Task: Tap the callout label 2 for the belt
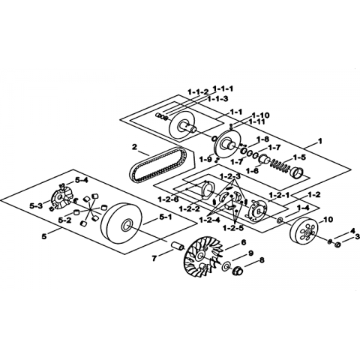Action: click(135, 147)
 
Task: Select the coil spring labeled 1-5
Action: click(279, 167)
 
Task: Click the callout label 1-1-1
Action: click(223, 88)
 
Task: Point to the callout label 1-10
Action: click(260, 115)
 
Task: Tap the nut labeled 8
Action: click(237, 271)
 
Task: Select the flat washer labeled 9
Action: click(226, 265)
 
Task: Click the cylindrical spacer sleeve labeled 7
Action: click(178, 246)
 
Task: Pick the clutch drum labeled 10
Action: click(303, 232)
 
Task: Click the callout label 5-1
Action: click(165, 217)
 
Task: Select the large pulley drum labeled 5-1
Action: click(122, 224)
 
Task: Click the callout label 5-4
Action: click(82, 180)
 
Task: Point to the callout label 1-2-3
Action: click(230, 176)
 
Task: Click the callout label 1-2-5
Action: click(233, 228)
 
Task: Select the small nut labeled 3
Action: click(337, 244)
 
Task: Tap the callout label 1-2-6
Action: click(168, 199)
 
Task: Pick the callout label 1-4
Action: click(303, 207)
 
